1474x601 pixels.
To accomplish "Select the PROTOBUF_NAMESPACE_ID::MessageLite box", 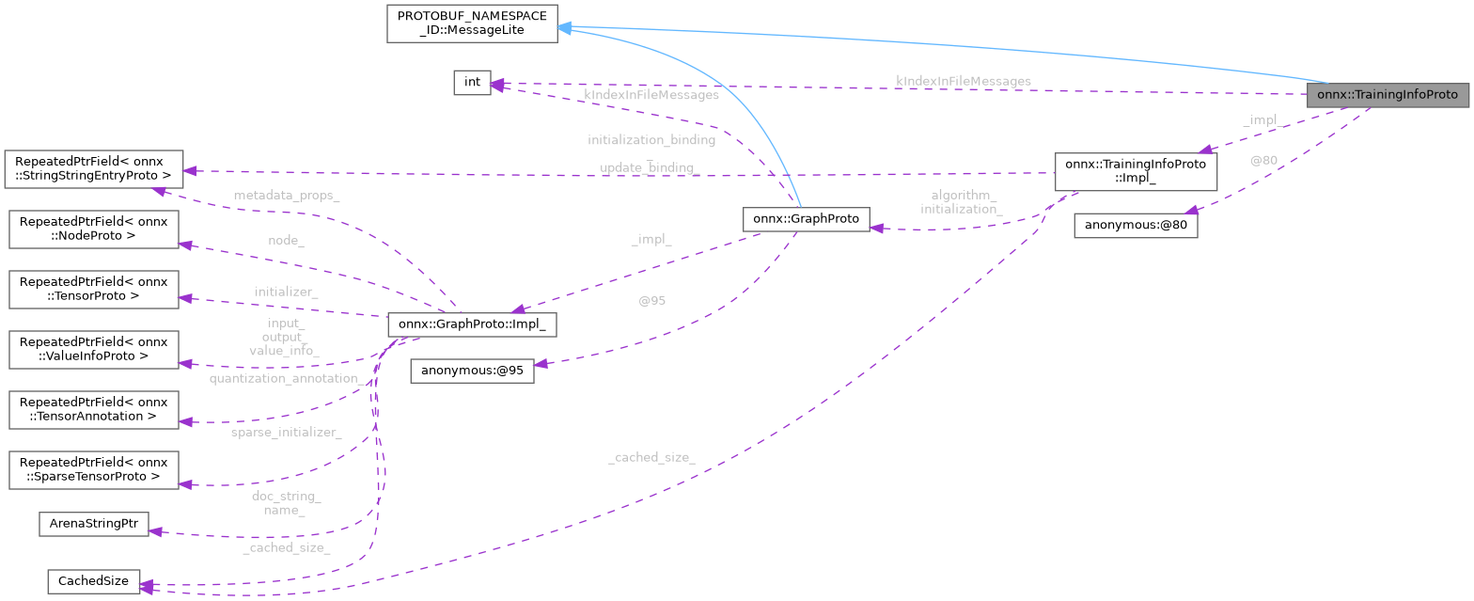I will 472,24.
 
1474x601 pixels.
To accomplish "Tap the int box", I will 472,83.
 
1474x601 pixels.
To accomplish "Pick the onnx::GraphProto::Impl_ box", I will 473,324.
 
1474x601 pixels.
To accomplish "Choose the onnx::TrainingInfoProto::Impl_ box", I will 1136,171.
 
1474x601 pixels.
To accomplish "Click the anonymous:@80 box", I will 1136,226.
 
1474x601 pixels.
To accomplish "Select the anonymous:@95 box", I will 472,371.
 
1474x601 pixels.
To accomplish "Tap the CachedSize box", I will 93,581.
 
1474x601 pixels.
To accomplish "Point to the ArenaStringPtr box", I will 93,523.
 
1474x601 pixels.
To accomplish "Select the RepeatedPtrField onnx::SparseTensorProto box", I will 93,469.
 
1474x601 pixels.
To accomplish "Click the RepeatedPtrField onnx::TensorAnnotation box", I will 93,410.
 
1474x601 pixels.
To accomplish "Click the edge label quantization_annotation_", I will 287,378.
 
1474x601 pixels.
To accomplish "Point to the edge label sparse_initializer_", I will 286,432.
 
